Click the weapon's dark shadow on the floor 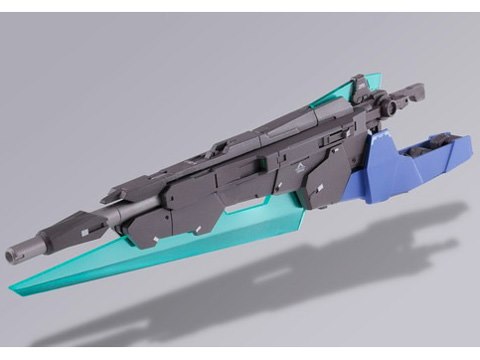point(250,300)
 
